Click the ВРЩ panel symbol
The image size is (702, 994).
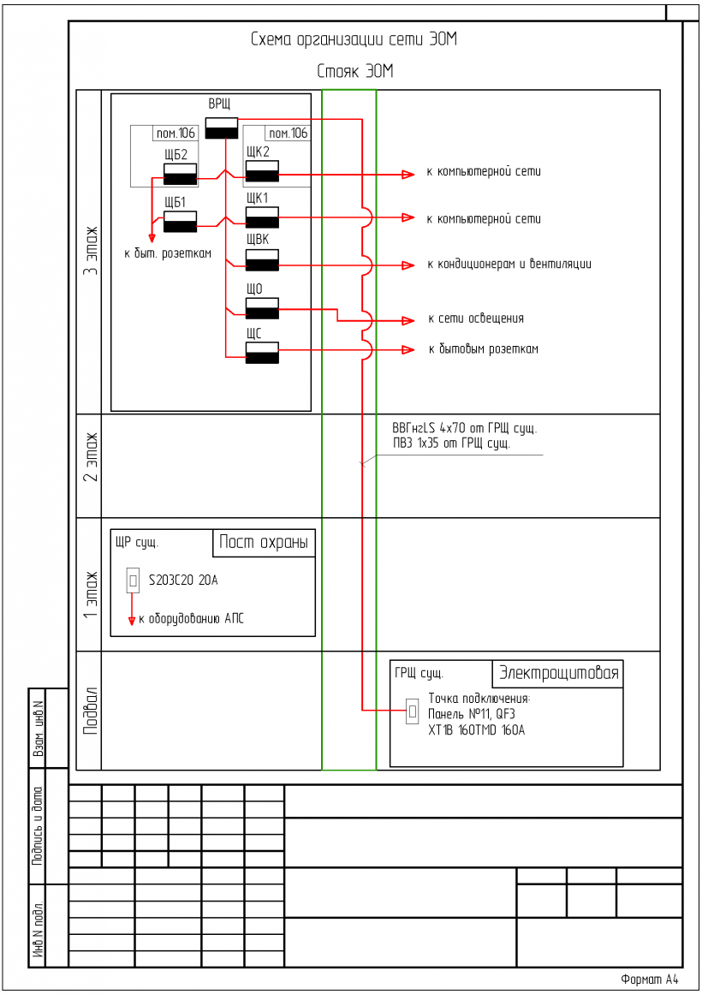[x=221, y=127]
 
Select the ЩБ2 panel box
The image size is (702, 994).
[x=180, y=174]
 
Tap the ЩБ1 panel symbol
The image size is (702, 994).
[x=180, y=222]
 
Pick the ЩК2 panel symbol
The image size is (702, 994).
[x=262, y=171]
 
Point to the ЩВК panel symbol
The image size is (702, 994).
[x=262, y=260]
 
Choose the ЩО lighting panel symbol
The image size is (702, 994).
[x=262, y=308]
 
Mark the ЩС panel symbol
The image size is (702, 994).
[x=262, y=353]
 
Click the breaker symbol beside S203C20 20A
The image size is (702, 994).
[x=133, y=581]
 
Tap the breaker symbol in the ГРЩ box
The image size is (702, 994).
[x=412, y=711]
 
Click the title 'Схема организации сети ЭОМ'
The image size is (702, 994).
[x=354, y=39]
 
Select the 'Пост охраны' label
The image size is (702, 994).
[x=263, y=542]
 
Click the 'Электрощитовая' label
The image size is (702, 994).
[x=558, y=673]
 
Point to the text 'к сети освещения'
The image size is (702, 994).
[x=476, y=318]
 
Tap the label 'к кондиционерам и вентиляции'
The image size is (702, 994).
[x=509, y=264]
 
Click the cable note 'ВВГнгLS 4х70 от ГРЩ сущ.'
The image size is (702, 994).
[x=464, y=428]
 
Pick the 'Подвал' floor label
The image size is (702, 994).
[x=90, y=711]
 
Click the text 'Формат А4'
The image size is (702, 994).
[x=649, y=979]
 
